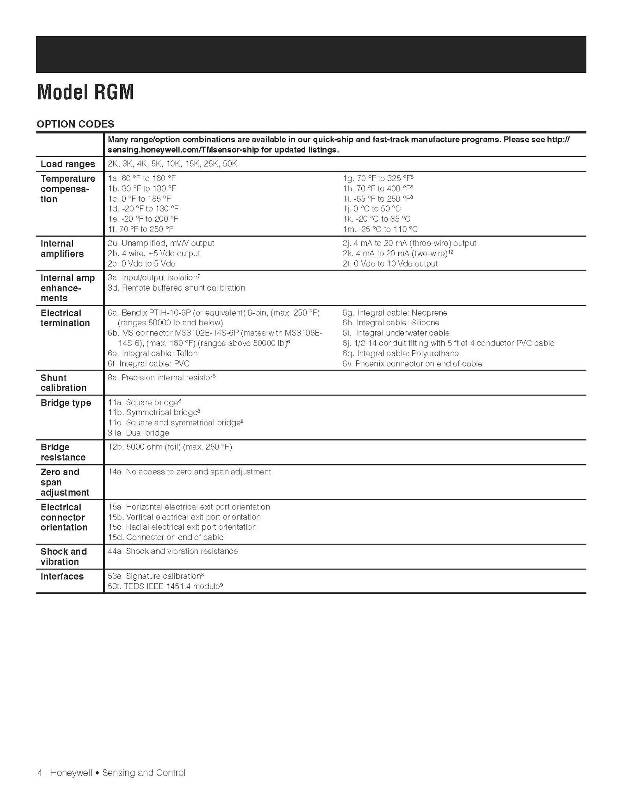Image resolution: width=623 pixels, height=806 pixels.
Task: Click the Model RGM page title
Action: (85, 93)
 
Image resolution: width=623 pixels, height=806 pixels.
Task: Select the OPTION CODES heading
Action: (75, 124)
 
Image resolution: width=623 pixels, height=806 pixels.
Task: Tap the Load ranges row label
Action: (68, 164)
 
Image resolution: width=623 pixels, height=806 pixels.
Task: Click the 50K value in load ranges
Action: (230, 164)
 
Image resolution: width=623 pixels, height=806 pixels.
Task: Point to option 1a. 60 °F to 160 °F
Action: (142, 178)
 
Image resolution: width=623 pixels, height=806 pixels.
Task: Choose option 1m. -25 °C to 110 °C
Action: (380, 229)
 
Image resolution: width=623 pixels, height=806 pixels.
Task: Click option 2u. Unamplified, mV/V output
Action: (161, 243)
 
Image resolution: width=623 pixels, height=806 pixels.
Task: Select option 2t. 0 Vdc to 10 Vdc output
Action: (390, 263)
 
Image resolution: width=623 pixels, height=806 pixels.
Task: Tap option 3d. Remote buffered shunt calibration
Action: (176, 288)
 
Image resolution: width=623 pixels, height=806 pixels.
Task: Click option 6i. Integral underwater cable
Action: (396, 333)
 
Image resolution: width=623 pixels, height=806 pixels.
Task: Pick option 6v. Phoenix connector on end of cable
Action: (412, 363)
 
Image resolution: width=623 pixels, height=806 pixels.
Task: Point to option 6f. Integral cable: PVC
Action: (148, 363)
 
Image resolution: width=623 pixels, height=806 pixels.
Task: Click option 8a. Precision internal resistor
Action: (161, 378)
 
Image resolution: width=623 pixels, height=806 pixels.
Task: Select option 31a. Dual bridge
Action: (138, 433)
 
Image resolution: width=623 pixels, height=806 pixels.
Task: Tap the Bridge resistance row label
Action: (63, 452)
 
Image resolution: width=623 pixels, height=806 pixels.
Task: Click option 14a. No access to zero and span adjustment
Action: (189, 472)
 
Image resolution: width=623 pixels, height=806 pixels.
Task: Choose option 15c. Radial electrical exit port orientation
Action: (182, 527)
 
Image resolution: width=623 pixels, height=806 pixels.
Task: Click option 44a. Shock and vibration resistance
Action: (172, 551)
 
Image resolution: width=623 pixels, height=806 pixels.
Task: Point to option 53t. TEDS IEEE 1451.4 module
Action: (165, 586)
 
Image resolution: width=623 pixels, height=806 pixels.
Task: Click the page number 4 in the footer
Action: (40, 773)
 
